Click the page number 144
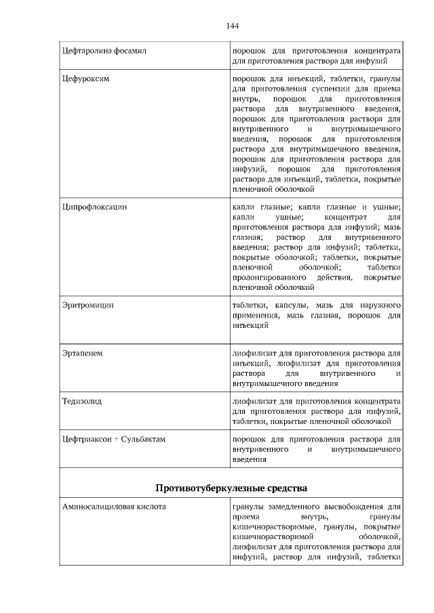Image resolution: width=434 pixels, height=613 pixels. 232,26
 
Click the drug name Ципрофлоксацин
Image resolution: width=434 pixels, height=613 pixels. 94,206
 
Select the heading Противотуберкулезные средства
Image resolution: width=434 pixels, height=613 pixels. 231,487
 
